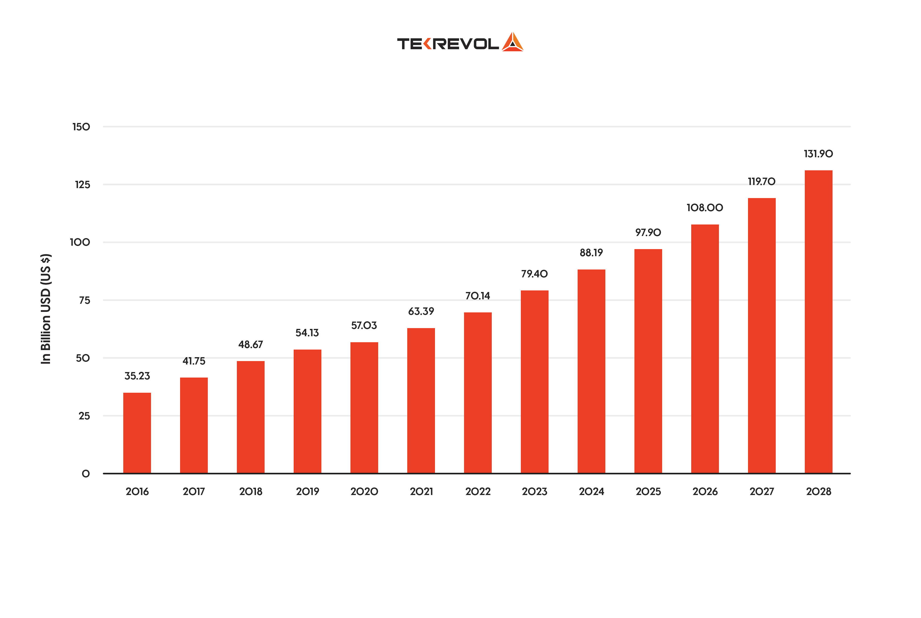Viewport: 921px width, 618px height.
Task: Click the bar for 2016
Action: [137, 433]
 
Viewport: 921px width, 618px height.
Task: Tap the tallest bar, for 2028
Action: [818, 322]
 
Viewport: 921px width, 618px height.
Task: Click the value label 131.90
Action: [818, 154]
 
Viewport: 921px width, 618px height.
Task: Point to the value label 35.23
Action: [137, 376]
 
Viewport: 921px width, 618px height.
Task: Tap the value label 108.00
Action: [705, 208]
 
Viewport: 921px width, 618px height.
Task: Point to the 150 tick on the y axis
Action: [81, 127]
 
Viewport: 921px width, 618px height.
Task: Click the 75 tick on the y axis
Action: [84, 300]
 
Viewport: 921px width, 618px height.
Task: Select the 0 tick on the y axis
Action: [86, 474]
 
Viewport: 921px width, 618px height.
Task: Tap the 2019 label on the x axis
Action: [307, 491]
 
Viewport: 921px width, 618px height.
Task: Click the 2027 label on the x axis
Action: [761, 491]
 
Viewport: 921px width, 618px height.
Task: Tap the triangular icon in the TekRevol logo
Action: [512, 42]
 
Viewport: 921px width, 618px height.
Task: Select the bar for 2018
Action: [250, 417]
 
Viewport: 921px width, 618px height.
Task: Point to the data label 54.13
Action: [307, 333]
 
